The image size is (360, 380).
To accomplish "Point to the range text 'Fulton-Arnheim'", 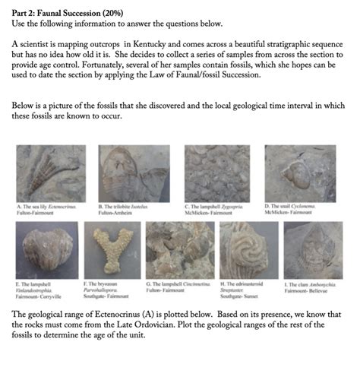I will point(116,211).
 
